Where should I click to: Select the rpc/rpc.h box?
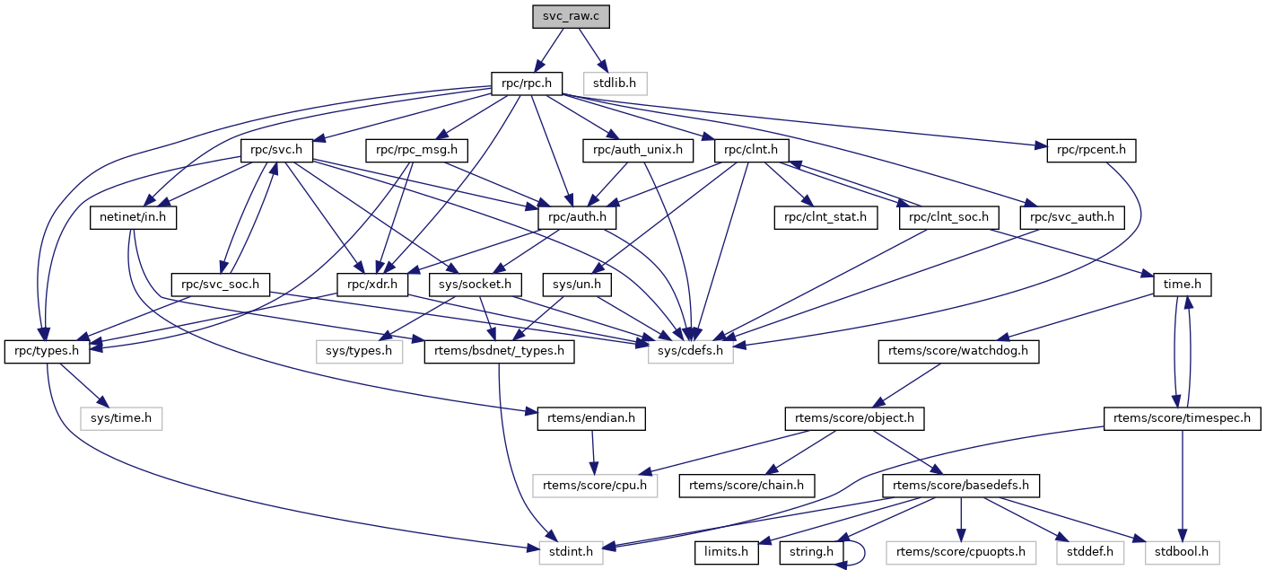point(526,83)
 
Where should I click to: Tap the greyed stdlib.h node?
point(615,83)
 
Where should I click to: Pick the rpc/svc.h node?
point(276,150)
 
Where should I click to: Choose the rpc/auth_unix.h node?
point(638,150)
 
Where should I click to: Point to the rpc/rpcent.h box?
point(1091,150)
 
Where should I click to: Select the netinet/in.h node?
point(134,217)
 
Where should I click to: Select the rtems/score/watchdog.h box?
point(958,351)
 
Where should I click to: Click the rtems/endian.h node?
point(591,418)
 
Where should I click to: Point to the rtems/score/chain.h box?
point(747,486)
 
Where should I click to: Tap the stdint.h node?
point(571,552)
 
